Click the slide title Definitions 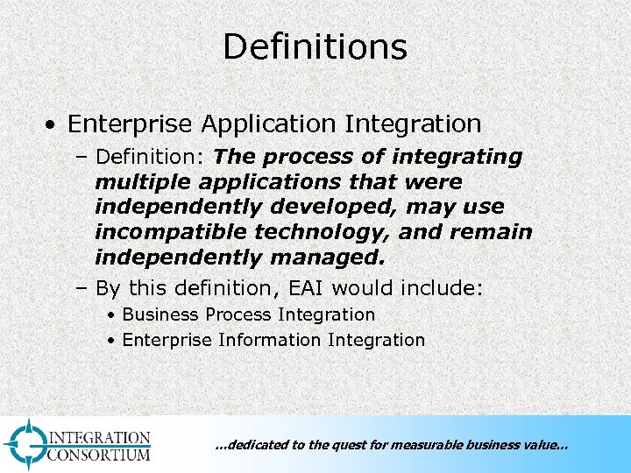pos(315,46)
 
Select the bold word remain pos(493,233)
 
